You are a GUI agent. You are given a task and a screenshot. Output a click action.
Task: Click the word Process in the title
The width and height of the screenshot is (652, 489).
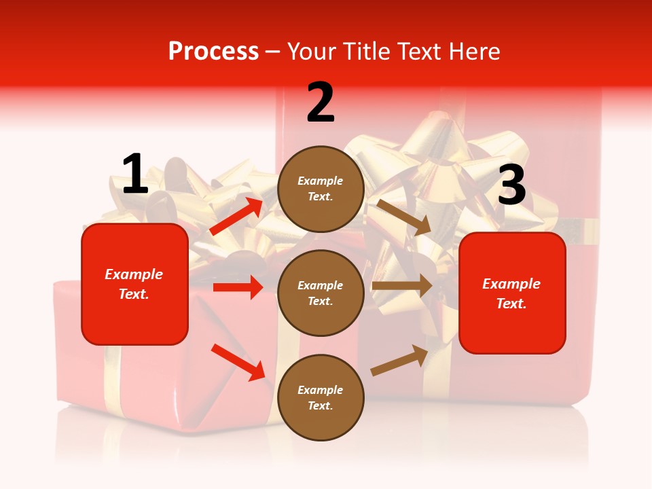point(213,52)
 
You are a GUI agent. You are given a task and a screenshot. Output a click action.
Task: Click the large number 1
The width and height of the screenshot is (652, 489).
point(135,174)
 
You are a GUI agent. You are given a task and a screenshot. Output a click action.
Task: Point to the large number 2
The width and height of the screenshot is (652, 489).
point(321,103)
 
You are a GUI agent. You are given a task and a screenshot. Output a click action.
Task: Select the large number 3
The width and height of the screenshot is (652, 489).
point(511,185)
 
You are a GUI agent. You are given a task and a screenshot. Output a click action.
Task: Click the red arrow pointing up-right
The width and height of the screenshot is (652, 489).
point(236,216)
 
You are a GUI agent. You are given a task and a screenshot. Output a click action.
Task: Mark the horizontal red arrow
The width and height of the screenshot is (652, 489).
point(238,287)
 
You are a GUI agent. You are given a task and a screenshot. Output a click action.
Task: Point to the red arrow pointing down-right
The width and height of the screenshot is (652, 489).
point(238,362)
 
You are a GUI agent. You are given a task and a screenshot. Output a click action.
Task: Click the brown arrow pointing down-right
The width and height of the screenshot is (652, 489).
point(403,217)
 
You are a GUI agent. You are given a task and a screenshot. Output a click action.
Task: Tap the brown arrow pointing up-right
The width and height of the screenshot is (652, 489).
point(399,361)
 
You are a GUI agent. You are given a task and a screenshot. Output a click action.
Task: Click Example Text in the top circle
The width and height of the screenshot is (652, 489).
point(321,189)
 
